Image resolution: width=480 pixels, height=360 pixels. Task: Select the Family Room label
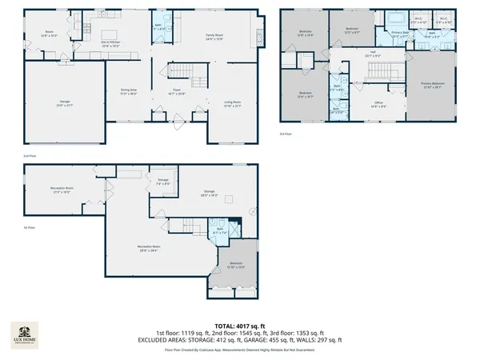(214, 36)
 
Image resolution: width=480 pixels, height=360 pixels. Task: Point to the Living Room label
(233, 104)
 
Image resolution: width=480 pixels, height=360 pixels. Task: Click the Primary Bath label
(400, 34)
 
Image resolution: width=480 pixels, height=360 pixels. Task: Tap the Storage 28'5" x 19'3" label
(210, 194)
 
